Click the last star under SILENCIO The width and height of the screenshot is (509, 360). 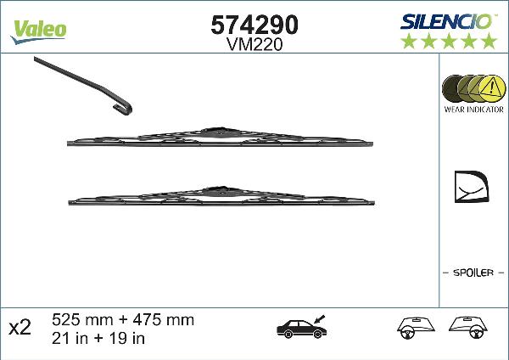coord(488,41)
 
